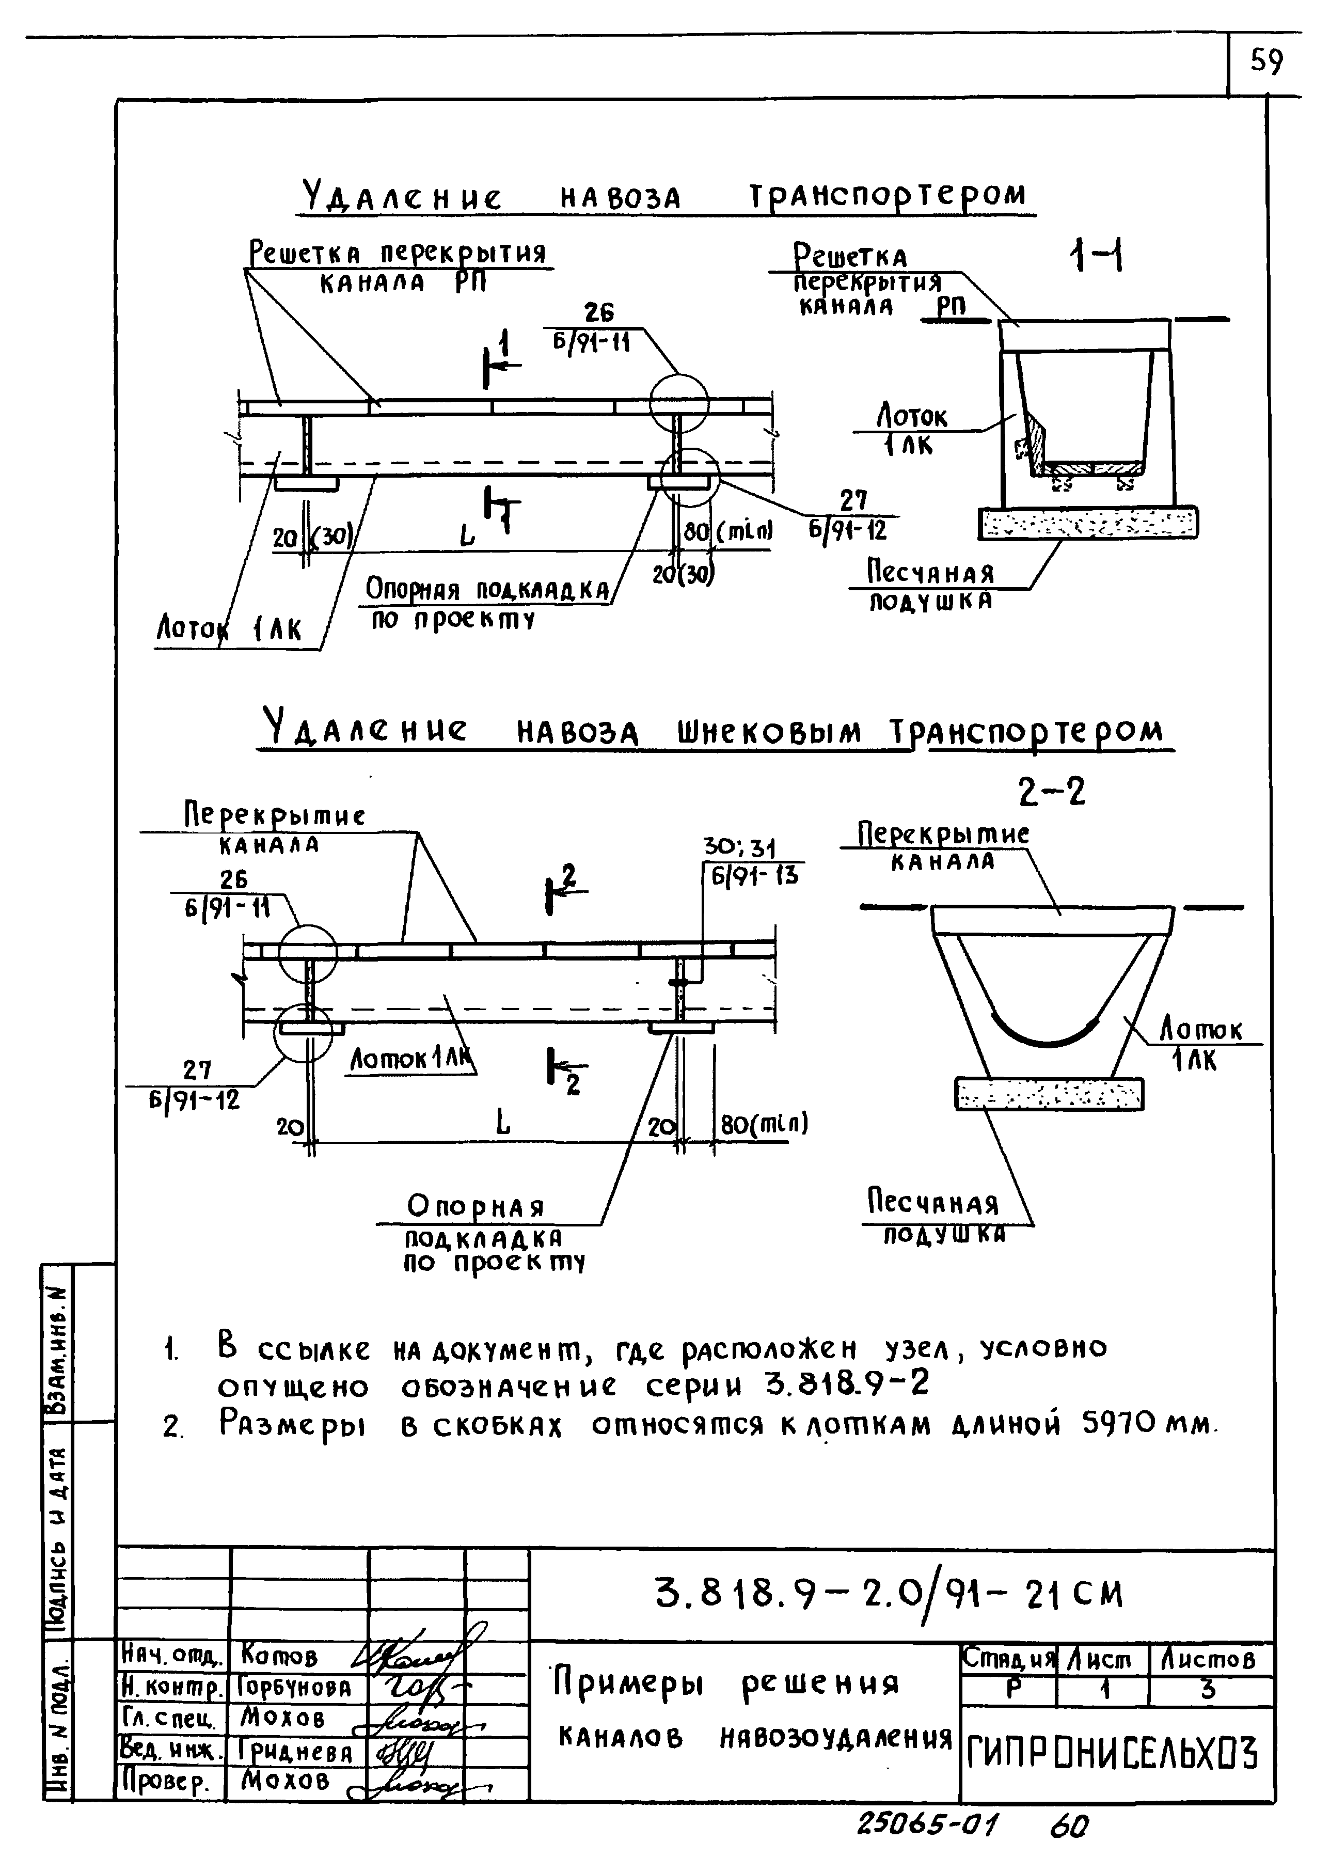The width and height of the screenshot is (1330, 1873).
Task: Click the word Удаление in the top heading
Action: (401, 197)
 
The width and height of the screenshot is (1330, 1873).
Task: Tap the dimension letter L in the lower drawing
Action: (503, 1124)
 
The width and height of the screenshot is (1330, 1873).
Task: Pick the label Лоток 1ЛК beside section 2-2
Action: (1200, 1044)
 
